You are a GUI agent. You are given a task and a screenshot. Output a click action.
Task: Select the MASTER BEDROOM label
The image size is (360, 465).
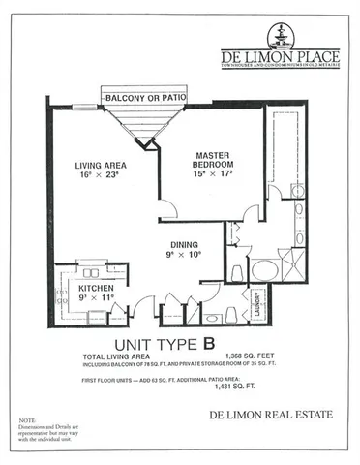tap(211, 159)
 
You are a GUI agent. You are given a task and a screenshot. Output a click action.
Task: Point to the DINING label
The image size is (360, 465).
tap(183, 245)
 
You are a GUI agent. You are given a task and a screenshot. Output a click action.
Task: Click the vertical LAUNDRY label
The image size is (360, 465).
tap(258, 303)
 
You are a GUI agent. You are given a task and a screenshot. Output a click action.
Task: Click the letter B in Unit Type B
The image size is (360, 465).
tap(208, 342)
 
